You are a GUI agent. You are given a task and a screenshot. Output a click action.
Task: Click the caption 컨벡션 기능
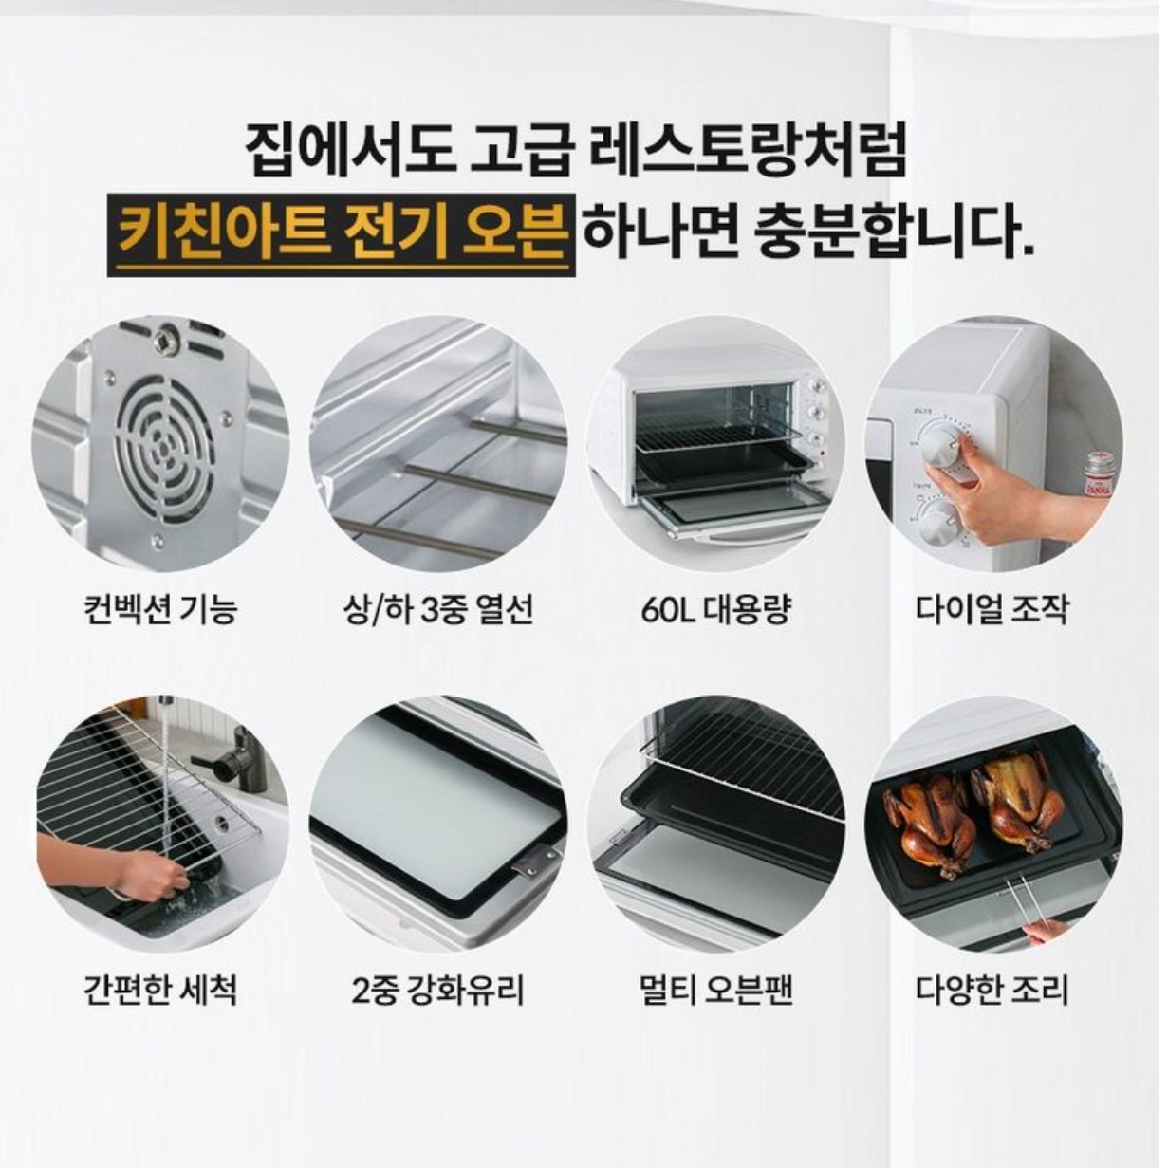[159, 607]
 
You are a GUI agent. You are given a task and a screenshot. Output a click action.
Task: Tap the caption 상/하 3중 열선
[438, 607]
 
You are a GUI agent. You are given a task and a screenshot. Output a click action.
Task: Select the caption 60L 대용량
[715, 607]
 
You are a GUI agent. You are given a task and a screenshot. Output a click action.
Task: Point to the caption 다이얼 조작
[992, 607]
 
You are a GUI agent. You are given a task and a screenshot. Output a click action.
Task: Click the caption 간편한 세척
[159, 990]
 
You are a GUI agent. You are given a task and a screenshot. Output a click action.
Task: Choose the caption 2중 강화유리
[438, 990]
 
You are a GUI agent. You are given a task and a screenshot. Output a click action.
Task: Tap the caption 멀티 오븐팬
[715, 990]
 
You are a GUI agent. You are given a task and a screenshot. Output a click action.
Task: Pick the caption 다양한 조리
[992, 990]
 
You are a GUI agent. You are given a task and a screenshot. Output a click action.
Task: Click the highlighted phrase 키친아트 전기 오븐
[342, 234]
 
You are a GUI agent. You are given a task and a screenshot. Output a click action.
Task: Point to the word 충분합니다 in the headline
[887, 234]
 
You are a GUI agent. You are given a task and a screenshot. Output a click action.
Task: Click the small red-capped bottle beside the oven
[1098, 472]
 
